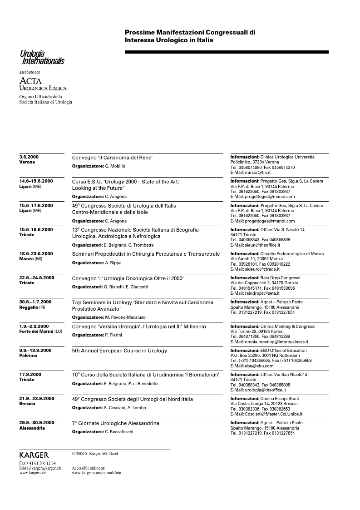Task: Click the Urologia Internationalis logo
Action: pyautogui.click(x=42, y=58)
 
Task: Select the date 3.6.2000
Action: pyautogui.click(x=29, y=157)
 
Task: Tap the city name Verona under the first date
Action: pyautogui.click(x=27, y=162)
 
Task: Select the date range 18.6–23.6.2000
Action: pyautogui.click(x=36, y=253)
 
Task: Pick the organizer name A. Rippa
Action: pyautogui.click(x=113, y=263)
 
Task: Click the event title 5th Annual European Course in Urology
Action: pyautogui.click(x=119, y=351)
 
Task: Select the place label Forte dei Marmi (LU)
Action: pyautogui.click(x=40, y=332)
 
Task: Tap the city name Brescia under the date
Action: pyautogui.click(x=27, y=404)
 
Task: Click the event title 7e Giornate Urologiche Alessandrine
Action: pyautogui.click(x=116, y=423)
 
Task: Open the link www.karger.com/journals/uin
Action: pyautogui.click(x=97, y=473)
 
